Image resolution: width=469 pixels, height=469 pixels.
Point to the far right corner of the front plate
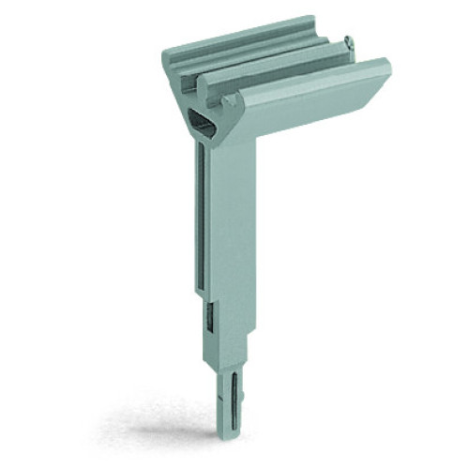(387, 66)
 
